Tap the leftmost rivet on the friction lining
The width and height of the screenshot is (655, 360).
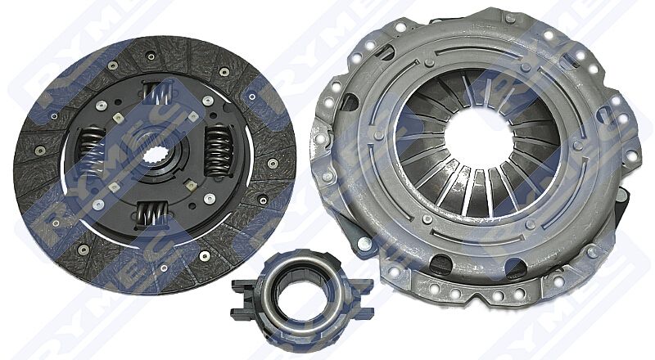click(x=38, y=152)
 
